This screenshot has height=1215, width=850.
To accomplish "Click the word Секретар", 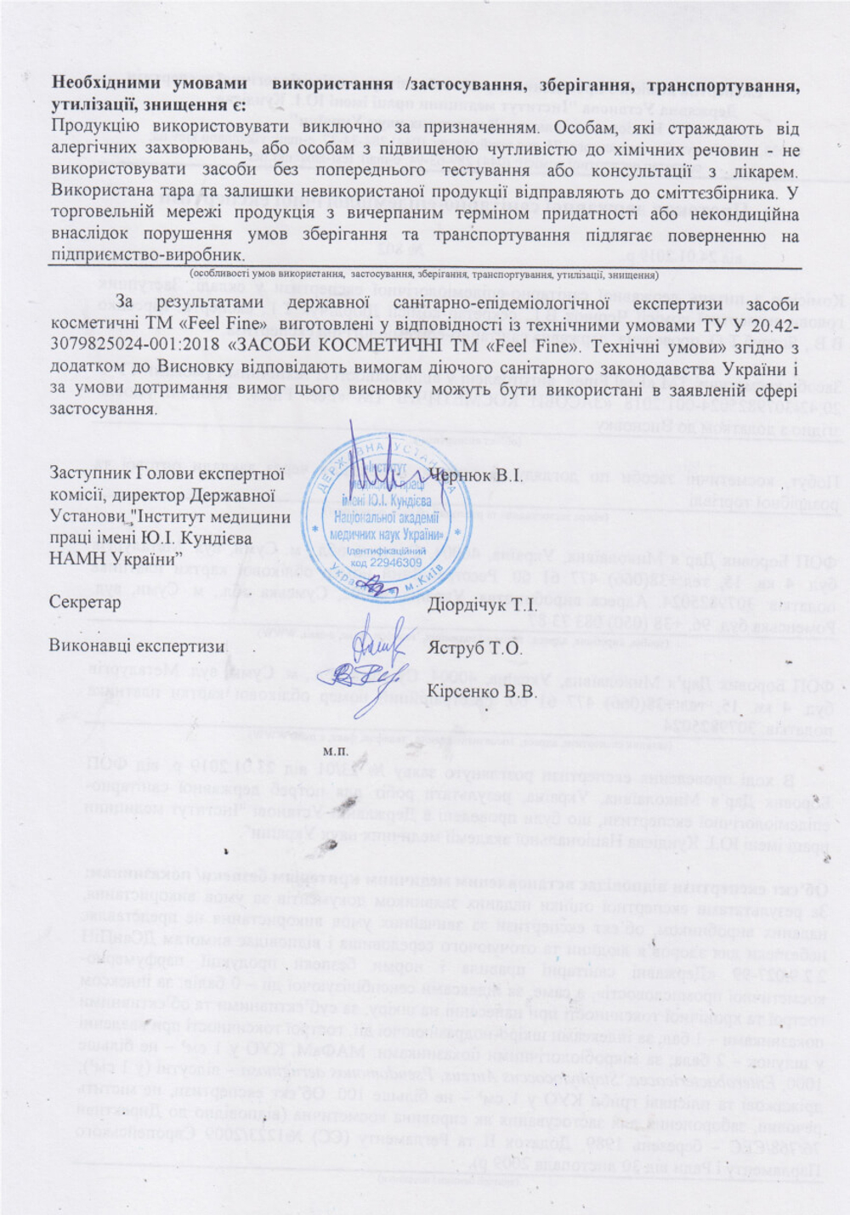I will coord(85,601).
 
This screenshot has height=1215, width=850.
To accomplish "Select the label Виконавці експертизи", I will coord(138,645).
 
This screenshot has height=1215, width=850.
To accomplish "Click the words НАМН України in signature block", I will coord(115,557).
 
